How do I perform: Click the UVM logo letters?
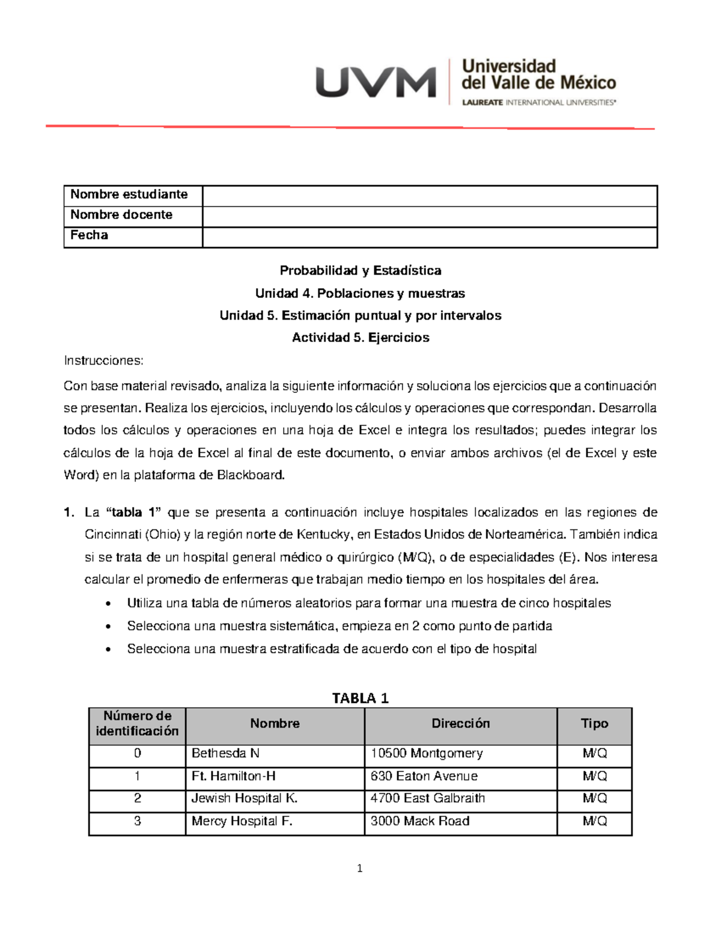tap(376, 82)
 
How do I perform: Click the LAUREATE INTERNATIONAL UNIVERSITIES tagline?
tap(538, 103)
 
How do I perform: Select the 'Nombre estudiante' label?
tap(129, 195)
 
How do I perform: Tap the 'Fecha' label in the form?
tap(89, 236)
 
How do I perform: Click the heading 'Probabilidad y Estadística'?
tap(360, 271)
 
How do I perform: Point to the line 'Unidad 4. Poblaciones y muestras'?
tap(360, 294)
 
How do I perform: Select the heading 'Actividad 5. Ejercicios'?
tap(360, 338)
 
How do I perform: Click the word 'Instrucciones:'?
tap(103, 361)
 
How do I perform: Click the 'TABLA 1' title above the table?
tap(360, 698)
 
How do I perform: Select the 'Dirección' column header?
tap(460, 724)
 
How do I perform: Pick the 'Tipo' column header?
tap(594, 724)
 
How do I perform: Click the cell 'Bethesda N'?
tap(225, 753)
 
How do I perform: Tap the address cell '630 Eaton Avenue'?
tap(424, 776)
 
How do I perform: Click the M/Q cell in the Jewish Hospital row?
tap(594, 798)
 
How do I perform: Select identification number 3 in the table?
tap(138, 821)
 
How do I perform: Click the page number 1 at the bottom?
tap(359, 868)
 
